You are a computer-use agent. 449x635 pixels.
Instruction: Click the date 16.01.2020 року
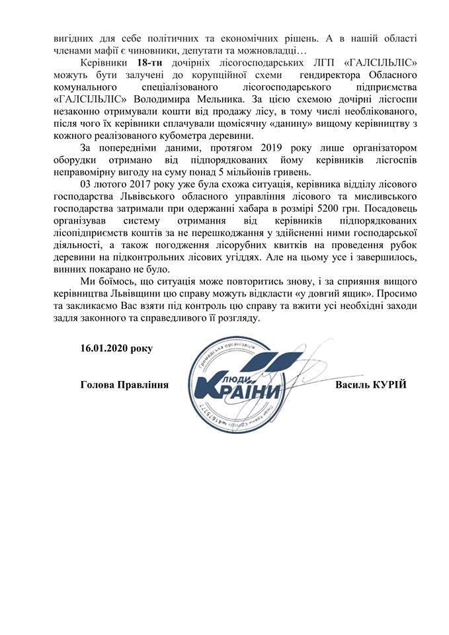point(114,348)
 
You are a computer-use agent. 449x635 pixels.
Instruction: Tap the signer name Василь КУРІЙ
point(370,385)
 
